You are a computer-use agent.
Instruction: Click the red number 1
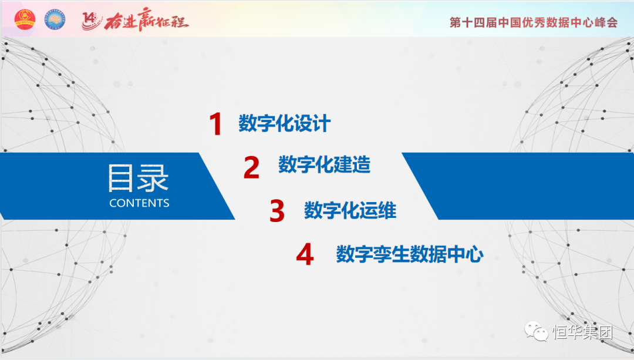(x=216, y=123)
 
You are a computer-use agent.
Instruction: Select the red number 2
(x=251, y=167)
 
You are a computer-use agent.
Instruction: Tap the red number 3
(x=277, y=211)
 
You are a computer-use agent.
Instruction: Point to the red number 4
(x=305, y=254)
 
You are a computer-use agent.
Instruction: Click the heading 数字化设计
(x=285, y=123)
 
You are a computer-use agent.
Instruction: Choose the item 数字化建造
(x=324, y=164)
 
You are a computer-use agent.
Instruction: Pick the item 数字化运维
(x=350, y=210)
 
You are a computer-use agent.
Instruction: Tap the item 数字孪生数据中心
(x=410, y=254)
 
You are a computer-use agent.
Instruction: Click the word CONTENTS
(x=139, y=203)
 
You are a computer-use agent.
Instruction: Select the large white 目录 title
(x=139, y=178)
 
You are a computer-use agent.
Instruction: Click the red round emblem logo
(x=25, y=19)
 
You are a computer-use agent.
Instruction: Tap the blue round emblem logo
(x=55, y=19)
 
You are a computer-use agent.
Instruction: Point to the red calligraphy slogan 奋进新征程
(x=146, y=19)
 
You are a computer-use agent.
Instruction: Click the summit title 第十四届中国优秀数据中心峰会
(x=534, y=22)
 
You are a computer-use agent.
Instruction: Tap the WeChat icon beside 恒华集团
(x=536, y=332)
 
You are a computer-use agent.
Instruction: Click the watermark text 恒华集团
(x=583, y=332)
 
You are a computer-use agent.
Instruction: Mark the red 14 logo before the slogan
(x=92, y=20)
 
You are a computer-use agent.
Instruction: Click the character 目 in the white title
(x=120, y=178)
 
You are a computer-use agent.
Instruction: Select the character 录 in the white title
(x=153, y=178)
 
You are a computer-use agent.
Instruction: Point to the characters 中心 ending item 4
(x=465, y=254)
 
